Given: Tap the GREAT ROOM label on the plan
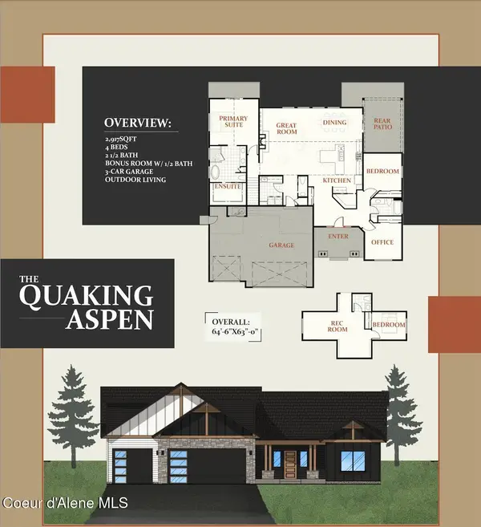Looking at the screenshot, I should (x=287, y=130).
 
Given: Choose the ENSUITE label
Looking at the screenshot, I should (x=228, y=189).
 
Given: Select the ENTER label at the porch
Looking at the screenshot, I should (x=337, y=237).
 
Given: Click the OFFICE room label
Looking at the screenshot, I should (x=382, y=241).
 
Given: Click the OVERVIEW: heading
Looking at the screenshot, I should (x=137, y=124).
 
